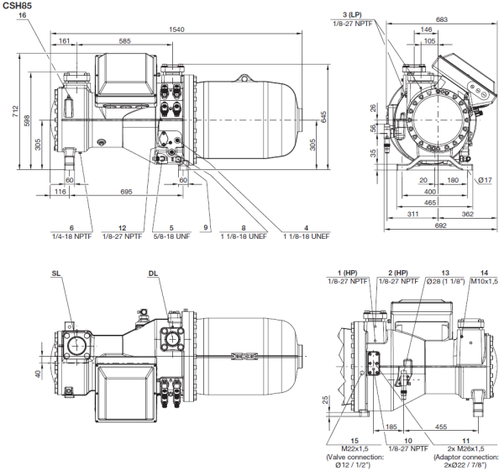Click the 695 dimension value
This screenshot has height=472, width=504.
pos(125,193)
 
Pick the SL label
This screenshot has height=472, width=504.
pos(56,273)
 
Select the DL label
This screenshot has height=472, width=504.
pos(153,273)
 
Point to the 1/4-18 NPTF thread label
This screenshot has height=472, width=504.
pos(72,236)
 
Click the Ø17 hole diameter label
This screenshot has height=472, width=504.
pos(485,180)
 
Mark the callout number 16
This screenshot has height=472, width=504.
pos(22,15)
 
